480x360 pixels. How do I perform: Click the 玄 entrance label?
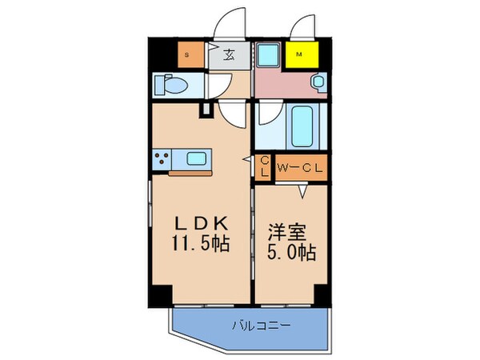pyautogui.click(x=227, y=55)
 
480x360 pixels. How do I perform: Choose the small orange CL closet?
pyautogui.click(x=264, y=167)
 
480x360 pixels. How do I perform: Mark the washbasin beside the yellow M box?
pyautogui.click(x=317, y=82)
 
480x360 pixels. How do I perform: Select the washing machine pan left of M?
pyautogui.click(x=268, y=55)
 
